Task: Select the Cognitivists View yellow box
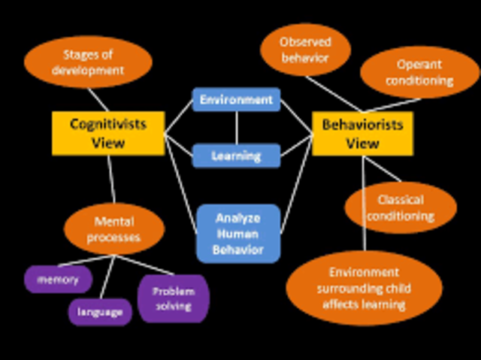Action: click(107, 132)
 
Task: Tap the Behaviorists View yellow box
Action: click(362, 134)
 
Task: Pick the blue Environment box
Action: click(236, 99)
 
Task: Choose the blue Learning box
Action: click(236, 156)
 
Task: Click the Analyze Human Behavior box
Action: click(238, 233)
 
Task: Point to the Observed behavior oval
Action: click(305, 50)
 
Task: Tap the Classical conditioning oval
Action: click(401, 208)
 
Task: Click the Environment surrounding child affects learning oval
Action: click(364, 289)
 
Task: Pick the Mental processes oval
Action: click(113, 230)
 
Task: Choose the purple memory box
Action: click(58, 280)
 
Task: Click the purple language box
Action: click(100, 311)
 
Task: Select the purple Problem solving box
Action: click(173, 298)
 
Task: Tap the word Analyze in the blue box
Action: click(238, 218)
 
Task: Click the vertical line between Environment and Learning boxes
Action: click(236, 128)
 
